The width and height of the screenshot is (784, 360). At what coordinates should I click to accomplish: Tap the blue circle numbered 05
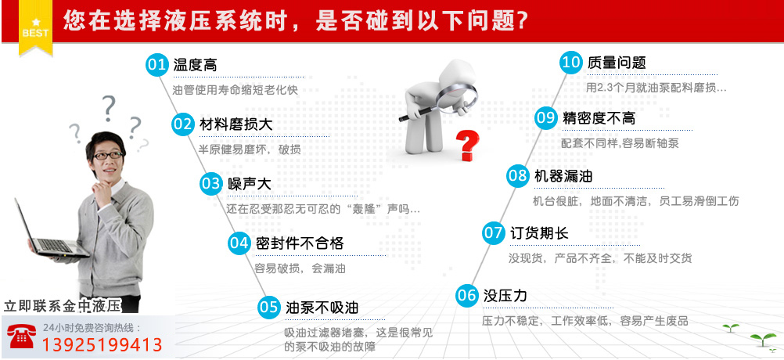(x=268, y=307)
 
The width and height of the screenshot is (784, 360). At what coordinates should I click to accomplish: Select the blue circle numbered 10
(x=571, y=63)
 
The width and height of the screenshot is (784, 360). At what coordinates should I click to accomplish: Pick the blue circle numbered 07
(x=494, y=233)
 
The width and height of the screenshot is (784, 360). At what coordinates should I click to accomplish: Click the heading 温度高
(x=195, y=65)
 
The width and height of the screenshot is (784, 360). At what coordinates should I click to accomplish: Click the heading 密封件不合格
(x=300, y=243)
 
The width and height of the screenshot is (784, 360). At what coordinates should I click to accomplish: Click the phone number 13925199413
(x=102, y=345)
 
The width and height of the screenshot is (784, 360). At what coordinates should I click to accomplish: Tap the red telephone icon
(x=21, y=336)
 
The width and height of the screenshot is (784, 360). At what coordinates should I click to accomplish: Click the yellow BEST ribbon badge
(x=35, y=27)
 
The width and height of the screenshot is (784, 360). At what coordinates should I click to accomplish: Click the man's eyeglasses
(x=108, y=156)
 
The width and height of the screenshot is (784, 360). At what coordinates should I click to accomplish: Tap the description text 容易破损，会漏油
(x=300, y=268)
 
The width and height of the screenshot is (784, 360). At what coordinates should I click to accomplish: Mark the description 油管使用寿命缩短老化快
(x=235, y=91)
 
